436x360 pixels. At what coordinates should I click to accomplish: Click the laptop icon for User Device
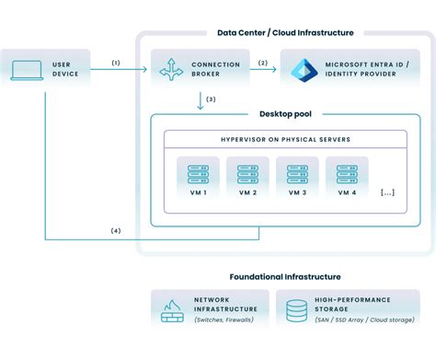pyautogui.click(x=26, y=70)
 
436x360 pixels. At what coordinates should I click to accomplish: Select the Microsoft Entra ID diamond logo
pyautogui.click(x=304, y=70)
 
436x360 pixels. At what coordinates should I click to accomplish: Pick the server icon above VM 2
pyautogui.click(x=247, y=174)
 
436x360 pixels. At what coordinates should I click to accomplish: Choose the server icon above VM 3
pyautogui.click(x=296, y=174)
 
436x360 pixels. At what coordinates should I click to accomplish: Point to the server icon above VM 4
pyautogui.click(x=346, y=174)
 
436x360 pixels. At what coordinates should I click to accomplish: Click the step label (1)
pyautogui.click(x=116, y=63)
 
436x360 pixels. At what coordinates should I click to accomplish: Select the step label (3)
pyautogui.click(x=211, y=99)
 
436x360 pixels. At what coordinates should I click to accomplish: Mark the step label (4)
pyautogui.click(x=115, y=229)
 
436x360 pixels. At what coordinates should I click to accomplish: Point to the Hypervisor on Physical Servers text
pyautogui.click(x=285, y=139)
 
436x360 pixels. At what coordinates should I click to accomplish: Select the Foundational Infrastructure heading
pyautogui.click(x=285, y=276)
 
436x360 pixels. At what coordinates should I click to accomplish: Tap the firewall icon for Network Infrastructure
pyautogui.click(x=172, y=311)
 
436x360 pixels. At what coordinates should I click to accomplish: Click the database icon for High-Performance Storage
pyautogui.click(x=297, y=311)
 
